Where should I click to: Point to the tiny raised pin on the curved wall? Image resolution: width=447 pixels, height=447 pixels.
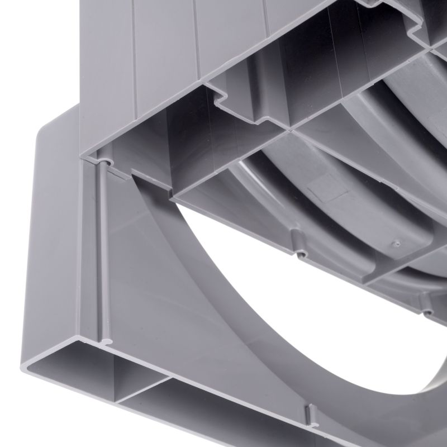pos(396,244)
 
